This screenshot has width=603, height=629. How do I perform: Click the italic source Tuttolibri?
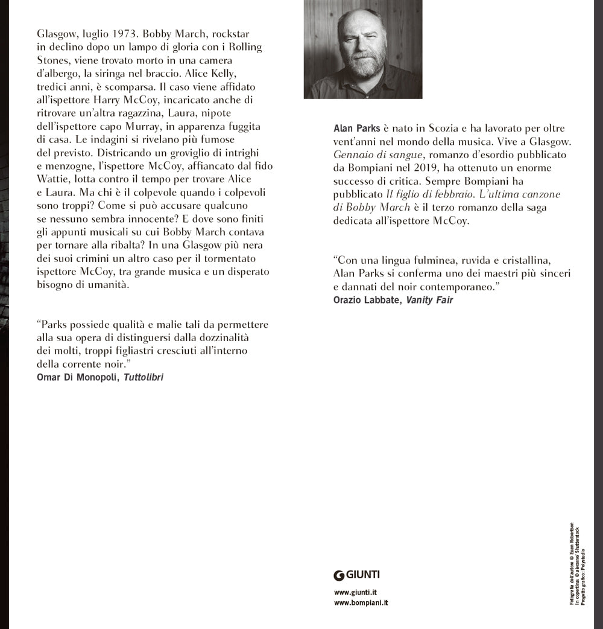coord(144,377)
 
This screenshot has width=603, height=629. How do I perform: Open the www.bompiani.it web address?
coord(361,603)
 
